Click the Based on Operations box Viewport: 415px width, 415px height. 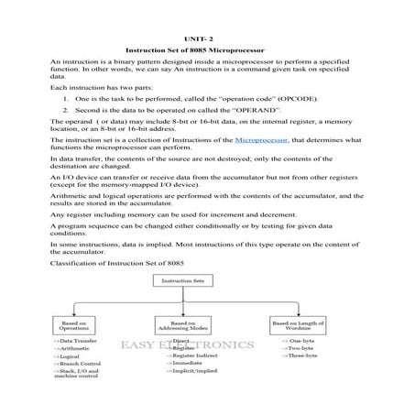click(x=80, y=325)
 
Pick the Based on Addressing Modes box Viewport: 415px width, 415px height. click(x=183, y=325)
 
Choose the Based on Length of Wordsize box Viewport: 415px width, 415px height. click(x=293, y=325)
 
